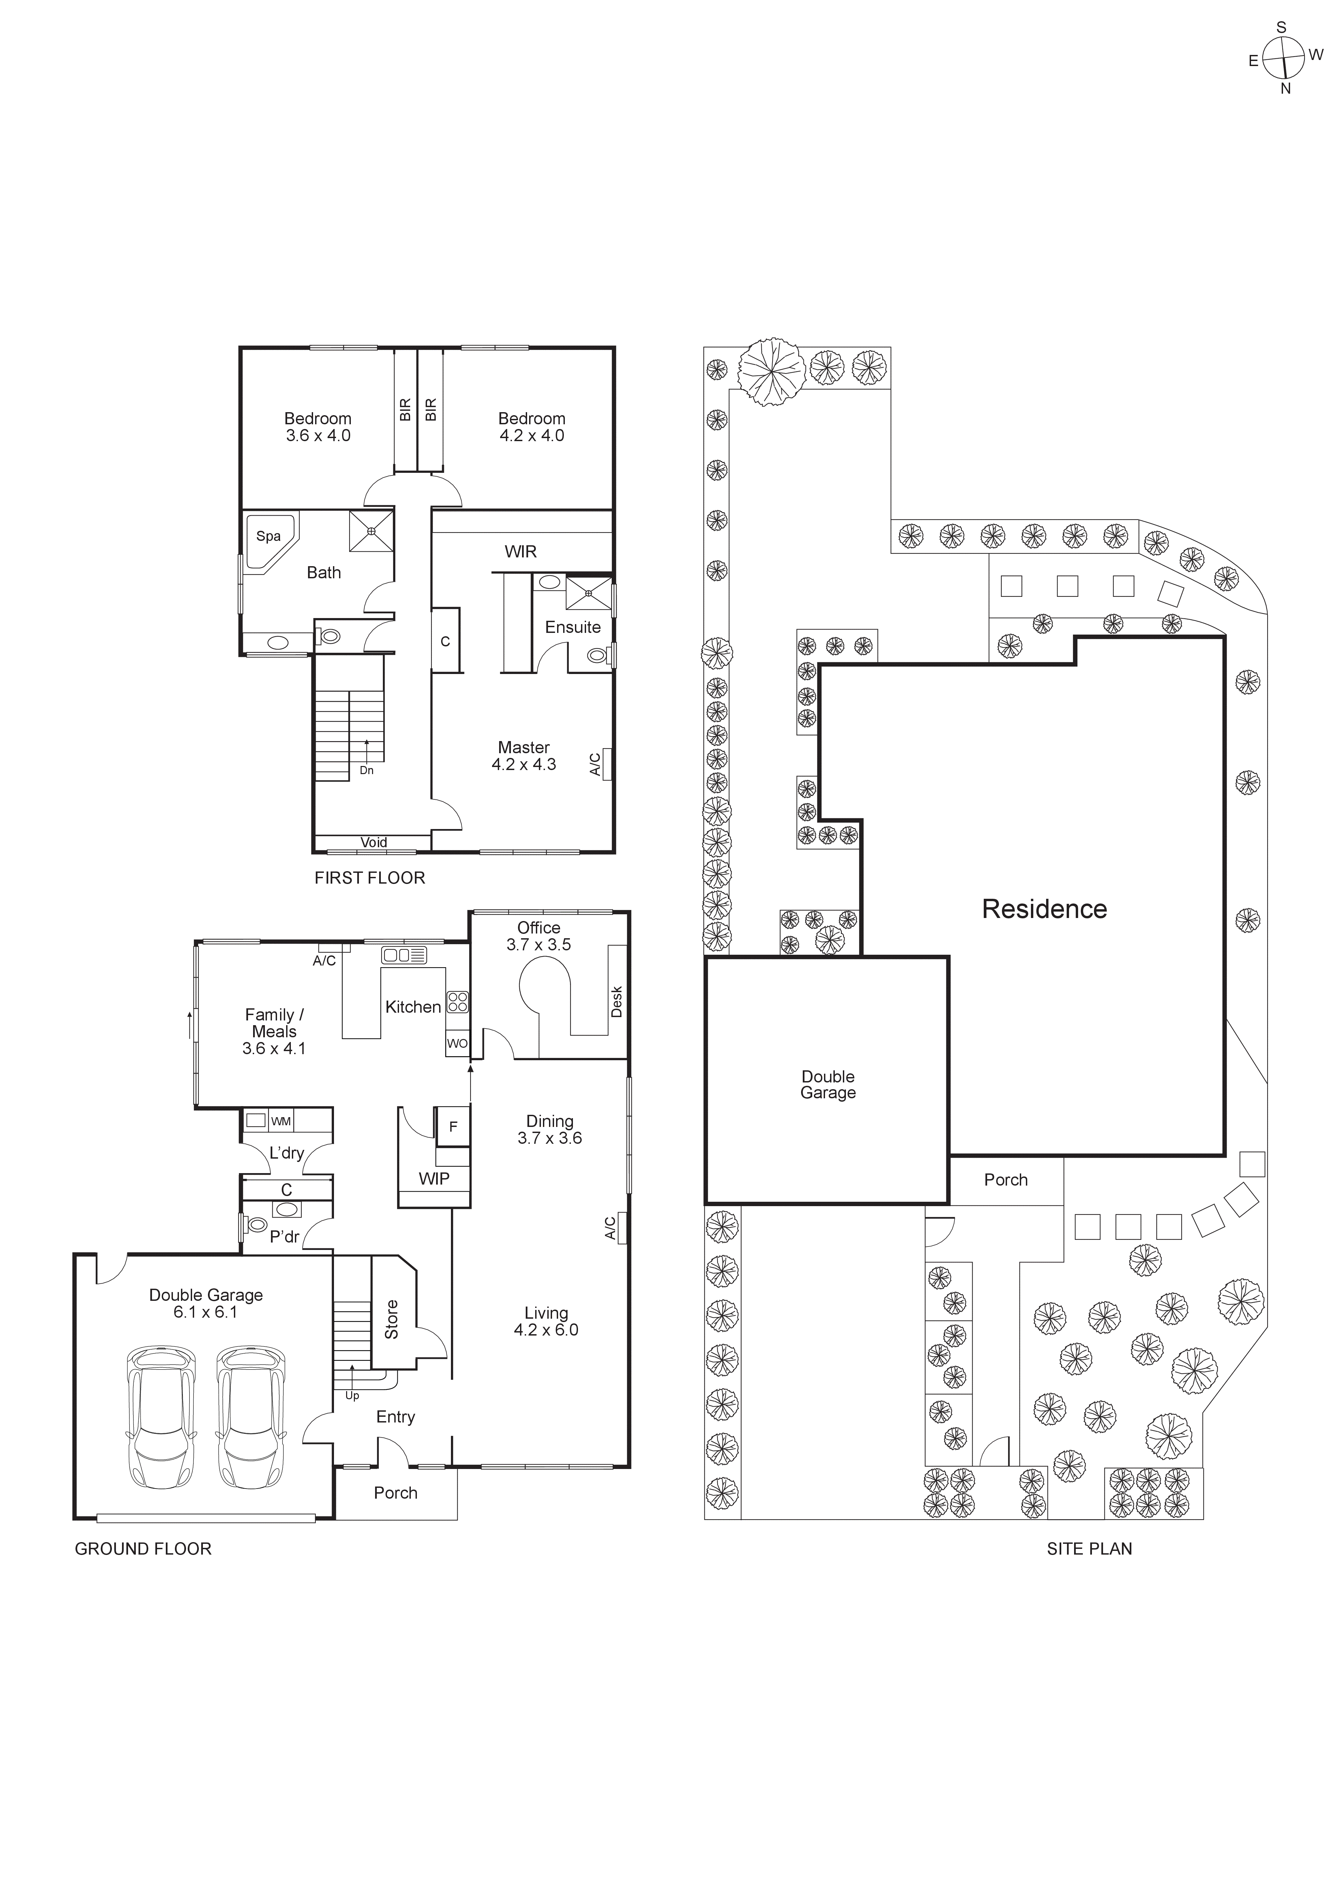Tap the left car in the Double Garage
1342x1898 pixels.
(x=161, y=1417)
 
